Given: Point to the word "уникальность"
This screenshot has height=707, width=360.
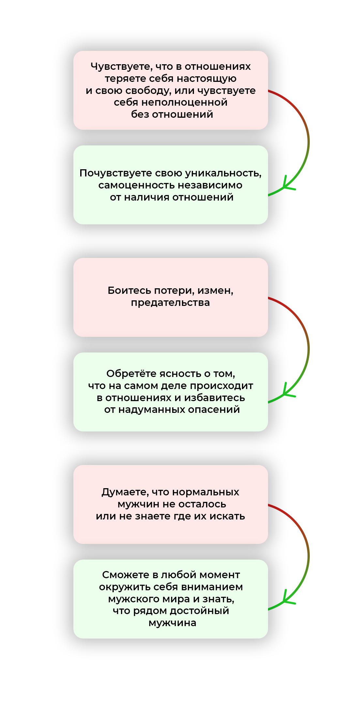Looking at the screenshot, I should [x=223, y=173].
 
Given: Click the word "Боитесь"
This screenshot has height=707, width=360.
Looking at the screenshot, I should [x=129, y=291].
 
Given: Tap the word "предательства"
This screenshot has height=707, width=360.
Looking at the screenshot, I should [x=171, y=303].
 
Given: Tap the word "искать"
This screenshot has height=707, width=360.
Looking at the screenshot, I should [x=227, y=516].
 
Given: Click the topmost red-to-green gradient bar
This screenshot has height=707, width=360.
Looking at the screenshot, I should [x=301, y=143].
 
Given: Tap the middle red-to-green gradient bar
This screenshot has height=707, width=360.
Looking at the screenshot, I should [x=301, y=350].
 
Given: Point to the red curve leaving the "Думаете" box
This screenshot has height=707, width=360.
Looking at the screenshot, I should [x=280, y=510].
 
